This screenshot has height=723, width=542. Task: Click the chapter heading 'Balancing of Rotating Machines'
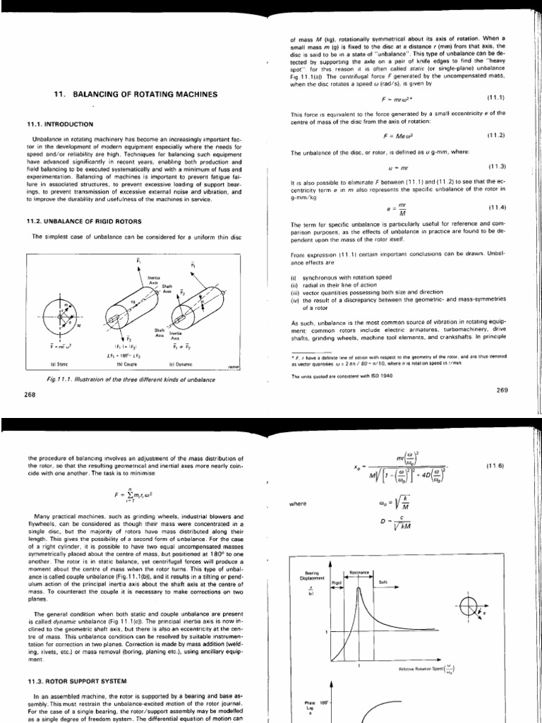coord(135,95)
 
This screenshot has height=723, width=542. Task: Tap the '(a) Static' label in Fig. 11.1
coord(52,364)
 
